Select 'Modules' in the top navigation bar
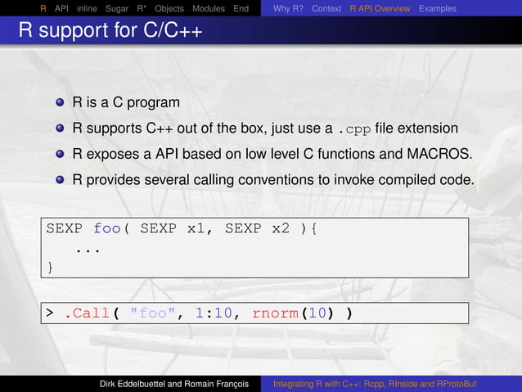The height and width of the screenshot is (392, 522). coord(209,8)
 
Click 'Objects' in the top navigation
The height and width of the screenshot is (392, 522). coord(169,8)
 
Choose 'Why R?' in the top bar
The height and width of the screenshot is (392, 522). coord(289,8)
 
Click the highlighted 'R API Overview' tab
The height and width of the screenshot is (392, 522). coord(380,8)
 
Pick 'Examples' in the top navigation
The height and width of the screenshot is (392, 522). coord(438,8)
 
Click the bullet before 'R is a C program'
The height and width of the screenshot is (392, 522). coord(61,104)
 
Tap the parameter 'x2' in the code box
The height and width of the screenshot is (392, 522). coord(281,228)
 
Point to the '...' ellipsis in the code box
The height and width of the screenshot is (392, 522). coord(88,248)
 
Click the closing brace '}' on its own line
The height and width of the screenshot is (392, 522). coord(51,267)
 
